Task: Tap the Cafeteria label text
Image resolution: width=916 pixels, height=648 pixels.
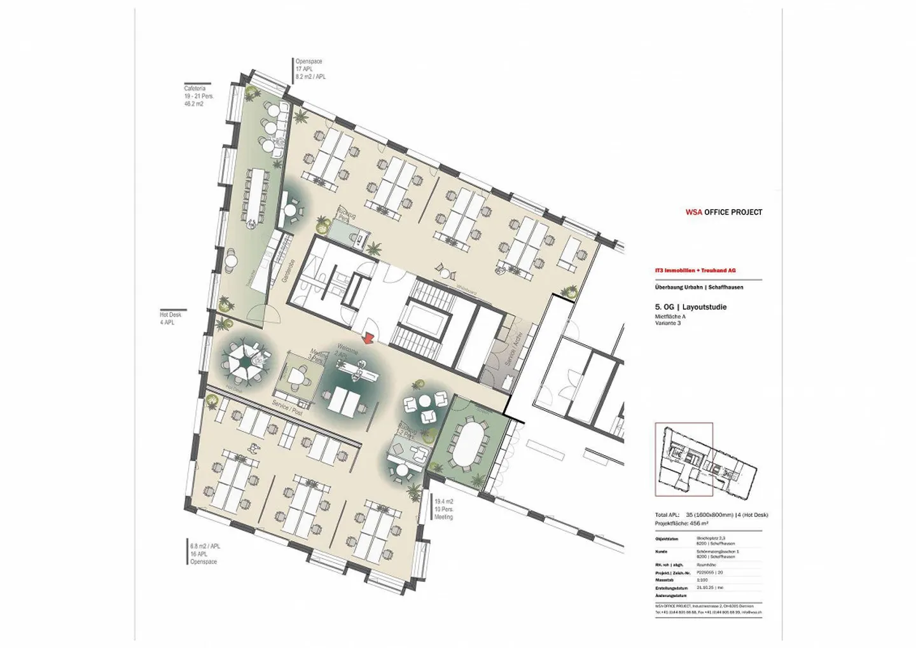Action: click(x=194, y=88)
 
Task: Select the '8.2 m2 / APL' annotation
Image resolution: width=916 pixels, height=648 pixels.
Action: click(x=310, y=76)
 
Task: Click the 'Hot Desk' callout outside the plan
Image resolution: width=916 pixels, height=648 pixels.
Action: click(x=170, y=315)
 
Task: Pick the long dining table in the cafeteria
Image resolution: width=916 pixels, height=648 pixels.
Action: click(x=260, y=191)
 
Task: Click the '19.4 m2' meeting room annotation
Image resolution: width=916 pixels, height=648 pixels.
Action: click(x=443, y=502)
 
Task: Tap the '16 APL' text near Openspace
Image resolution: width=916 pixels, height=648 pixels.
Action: click(x=199, y=554)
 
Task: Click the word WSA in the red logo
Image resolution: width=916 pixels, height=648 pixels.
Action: click(x=693, y=212)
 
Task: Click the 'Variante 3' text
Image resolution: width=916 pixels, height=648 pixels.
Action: click(x=668, y=323)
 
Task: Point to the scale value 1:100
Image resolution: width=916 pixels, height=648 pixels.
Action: click(x=702, y=580)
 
